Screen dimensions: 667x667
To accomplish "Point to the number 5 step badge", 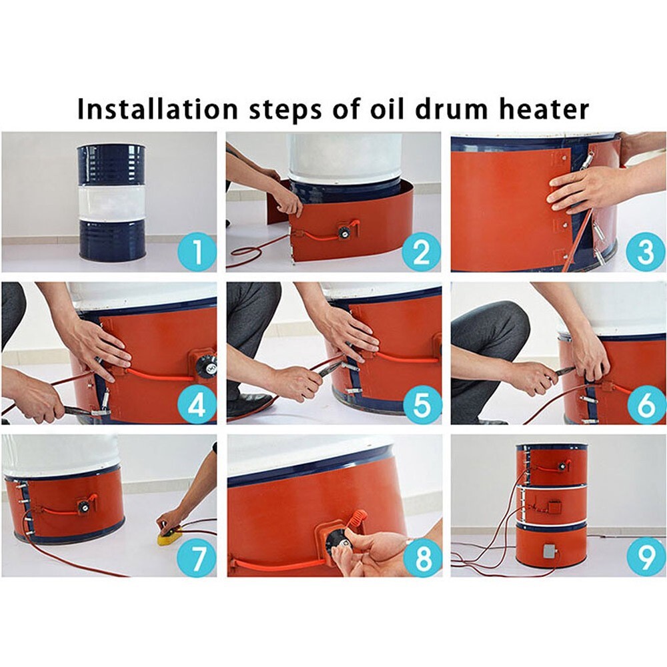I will (422, 405).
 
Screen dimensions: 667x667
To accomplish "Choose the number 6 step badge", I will (646, 405).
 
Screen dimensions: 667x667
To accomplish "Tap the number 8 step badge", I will (422, 558).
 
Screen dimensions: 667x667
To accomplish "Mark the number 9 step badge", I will (646, 558).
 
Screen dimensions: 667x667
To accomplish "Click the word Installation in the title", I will (157, 109).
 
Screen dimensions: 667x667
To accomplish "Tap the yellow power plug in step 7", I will (169, 534).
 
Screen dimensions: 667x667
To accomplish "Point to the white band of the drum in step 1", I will (111, 201).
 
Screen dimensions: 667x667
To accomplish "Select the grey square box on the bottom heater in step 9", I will (550, 551).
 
